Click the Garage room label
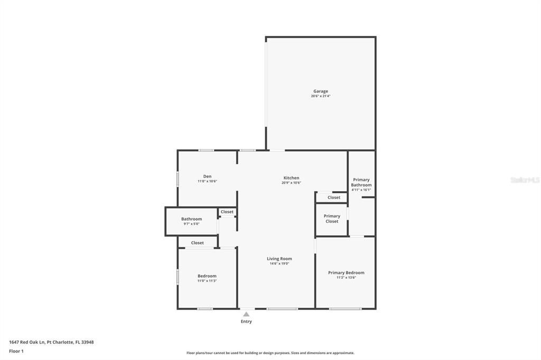[320, 91]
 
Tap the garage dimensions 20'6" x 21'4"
[320, 97]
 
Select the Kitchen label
[291, 178]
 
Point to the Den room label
[207, 176]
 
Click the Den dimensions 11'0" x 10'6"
[207, 182]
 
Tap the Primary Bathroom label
[361, 182]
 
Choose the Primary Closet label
[332, 219]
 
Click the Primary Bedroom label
[346, 272]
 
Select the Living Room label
[279, 259]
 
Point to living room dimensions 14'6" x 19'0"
[279, 264]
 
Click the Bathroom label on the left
[191, 219]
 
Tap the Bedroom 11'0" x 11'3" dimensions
[207, 281]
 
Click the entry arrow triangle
[246, 314]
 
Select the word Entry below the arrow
[246, 321]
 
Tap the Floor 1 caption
[16, 351]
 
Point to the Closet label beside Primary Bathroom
[334, 197]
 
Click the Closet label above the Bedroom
[197, 243]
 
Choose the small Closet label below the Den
[227, 212]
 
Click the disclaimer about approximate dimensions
[270, 353]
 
